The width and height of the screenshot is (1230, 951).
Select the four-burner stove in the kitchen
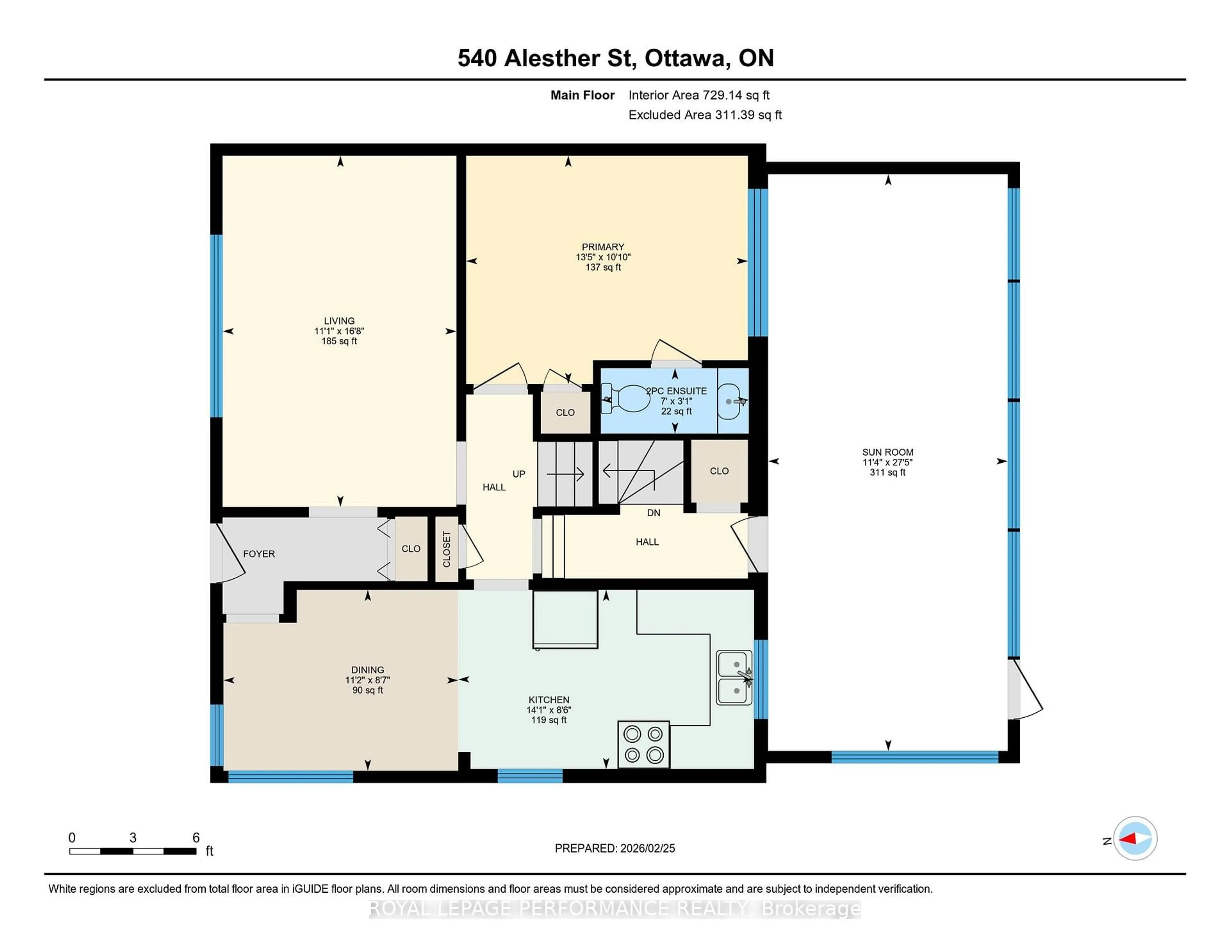[644, 744]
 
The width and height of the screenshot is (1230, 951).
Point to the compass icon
[1135, 838]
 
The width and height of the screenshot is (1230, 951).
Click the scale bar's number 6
[196, 837]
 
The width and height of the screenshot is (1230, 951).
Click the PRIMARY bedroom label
[603, 247]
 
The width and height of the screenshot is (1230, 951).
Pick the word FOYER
[259, 554]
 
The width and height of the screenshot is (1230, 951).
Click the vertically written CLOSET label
[447, 549]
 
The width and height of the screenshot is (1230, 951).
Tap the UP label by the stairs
[519, 474]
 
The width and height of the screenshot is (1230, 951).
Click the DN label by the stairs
[653, 513]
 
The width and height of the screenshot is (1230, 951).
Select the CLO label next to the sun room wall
[719, 471]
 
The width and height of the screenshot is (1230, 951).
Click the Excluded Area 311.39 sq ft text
[705, 115]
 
